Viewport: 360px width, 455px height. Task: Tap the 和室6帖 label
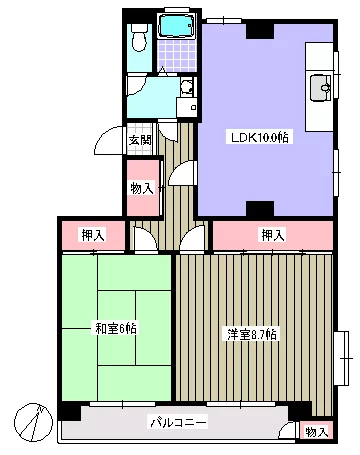[x=115, y=329]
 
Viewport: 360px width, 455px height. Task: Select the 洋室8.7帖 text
[x=252, y=334]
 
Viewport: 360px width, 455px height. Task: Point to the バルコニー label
[x=178, y=423]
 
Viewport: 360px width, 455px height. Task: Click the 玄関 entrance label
[x=140, y=140]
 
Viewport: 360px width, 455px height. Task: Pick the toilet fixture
[x=139, y=38]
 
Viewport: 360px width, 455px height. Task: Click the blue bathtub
[x=176, y=25]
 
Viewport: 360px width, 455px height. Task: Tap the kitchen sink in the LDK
[x=321, y=88]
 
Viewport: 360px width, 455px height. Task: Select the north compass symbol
[x=33, y=422]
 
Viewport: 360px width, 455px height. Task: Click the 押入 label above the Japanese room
[x=94, y=235]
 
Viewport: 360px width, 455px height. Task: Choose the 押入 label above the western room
[x=273, y=235]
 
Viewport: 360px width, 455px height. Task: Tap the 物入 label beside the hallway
[x=142, y=189]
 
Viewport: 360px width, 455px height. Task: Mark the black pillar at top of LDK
[x=260, y=30]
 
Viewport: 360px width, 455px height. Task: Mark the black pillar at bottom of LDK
[x=260, y=209]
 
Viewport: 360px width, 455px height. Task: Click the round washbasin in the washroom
[x=186, y=87]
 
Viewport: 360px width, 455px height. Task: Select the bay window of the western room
[x=343, y=358]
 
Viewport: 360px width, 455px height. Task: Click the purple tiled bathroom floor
[x=177, y=55]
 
